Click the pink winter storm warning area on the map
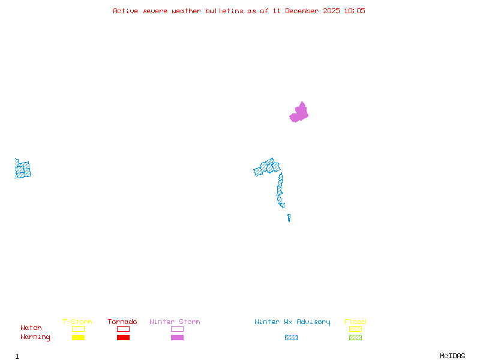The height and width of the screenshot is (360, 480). coord(299,113)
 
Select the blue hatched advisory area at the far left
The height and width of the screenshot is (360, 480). coord(23,169)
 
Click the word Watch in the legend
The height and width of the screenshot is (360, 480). coord(31,328)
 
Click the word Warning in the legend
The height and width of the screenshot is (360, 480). coord(35,337)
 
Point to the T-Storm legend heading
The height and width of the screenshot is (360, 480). coord(77,322)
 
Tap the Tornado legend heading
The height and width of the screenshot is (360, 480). coord(122,322)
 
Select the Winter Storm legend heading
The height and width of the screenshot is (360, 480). coord(175,322)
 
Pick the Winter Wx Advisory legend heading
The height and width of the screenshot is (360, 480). coord(292,322)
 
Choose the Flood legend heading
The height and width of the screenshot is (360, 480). coord(355,322)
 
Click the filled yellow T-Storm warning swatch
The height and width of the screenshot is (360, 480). coord(78,338)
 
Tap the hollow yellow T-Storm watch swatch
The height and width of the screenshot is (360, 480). coord(78,329)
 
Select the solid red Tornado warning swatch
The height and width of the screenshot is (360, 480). coord(123,338)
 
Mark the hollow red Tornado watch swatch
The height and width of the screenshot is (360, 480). coord(123,329)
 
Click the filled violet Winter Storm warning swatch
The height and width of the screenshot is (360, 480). coord(177,338)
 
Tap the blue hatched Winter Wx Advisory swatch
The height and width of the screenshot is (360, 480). coord(291,338)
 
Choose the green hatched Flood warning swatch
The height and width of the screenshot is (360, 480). coord(355,338)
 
